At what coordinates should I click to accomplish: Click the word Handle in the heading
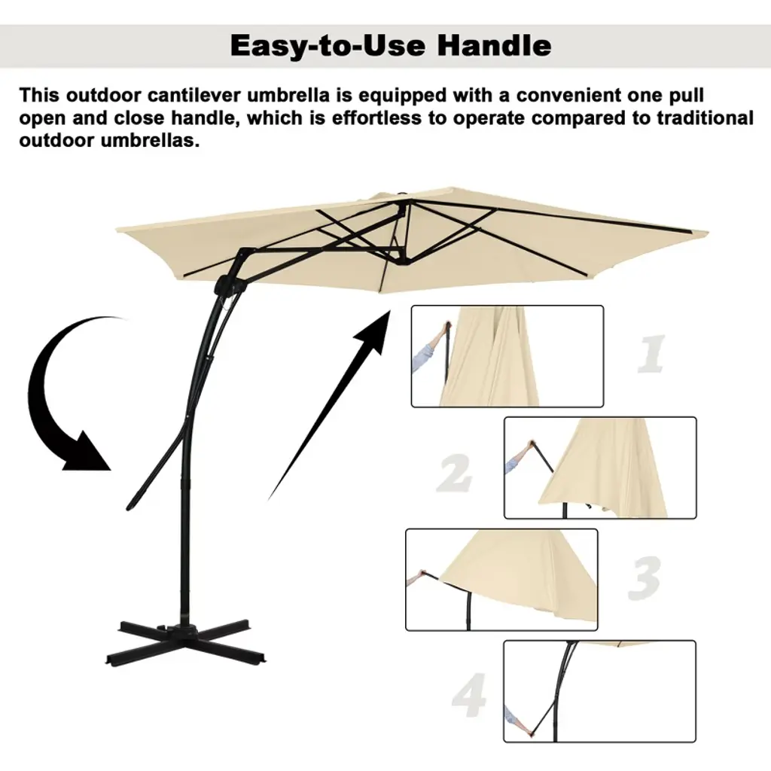[x=494, y=45]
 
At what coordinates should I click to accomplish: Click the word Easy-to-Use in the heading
[x=328, y=45]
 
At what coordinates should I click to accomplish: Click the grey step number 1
[x=652, y=354]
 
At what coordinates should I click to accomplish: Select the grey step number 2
[x=453, y=473]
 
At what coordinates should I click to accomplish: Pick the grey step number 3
[x=645, y=578]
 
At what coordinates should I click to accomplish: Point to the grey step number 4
[x=470, y=695]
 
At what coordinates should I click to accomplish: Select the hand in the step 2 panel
[x=529, y=446]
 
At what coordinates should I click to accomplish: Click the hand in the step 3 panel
[x=421, y=574]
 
